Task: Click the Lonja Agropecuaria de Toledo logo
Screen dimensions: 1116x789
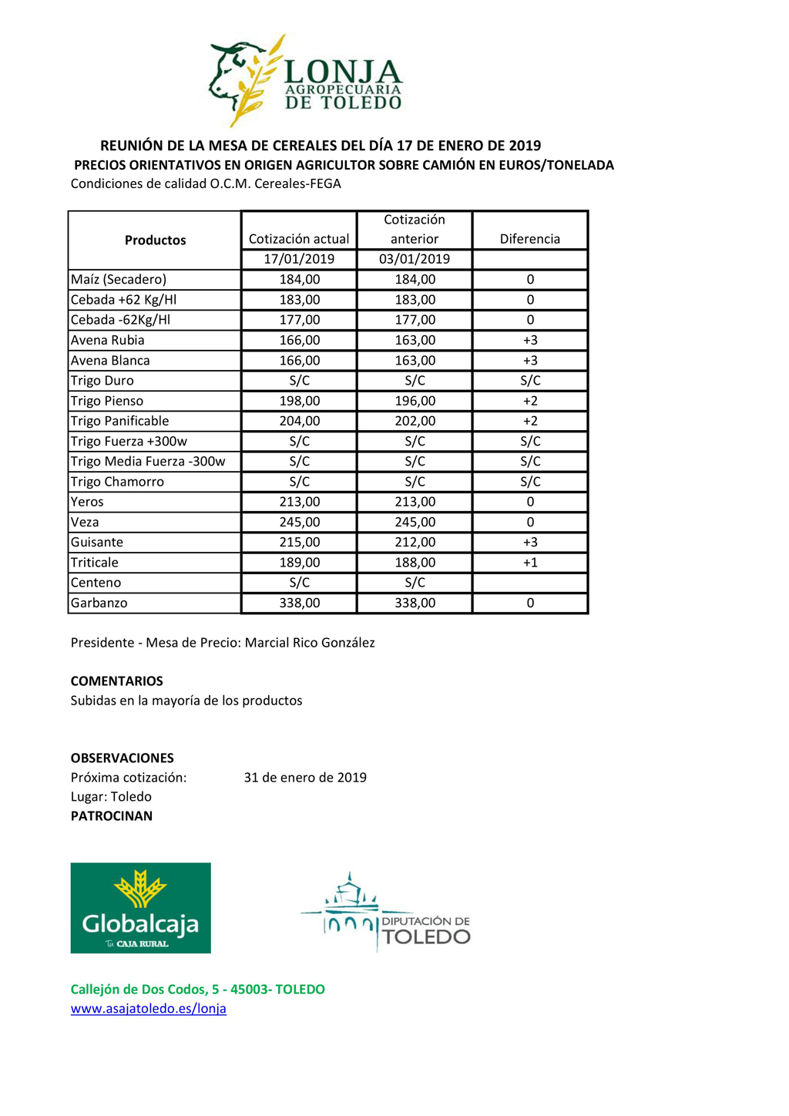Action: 306,81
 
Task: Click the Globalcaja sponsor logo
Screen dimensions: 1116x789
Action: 140,907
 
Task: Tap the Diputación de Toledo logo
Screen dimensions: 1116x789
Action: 385,913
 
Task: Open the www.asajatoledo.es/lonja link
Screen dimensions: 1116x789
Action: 149,1008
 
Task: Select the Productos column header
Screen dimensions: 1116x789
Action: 155,240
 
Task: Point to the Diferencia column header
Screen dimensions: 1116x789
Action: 530,239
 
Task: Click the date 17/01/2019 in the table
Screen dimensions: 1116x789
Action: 299,259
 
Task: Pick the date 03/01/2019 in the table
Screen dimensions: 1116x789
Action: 415,259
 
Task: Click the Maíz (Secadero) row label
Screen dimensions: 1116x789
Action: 119,280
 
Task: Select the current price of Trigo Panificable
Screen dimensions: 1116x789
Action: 299,421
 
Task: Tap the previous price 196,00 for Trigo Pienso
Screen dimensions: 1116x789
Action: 415,401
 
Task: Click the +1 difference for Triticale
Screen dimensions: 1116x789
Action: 530,563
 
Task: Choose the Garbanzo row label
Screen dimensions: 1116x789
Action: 99,603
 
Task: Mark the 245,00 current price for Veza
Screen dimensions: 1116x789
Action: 299,522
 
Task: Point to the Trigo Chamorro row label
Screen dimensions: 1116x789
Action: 117,482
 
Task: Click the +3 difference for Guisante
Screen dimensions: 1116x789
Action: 530,543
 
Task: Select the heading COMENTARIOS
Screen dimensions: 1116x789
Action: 117,681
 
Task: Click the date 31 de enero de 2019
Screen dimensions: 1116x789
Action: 305,778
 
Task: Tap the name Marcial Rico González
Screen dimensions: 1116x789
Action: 310,643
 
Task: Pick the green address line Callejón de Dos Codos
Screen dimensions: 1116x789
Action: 198,989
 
